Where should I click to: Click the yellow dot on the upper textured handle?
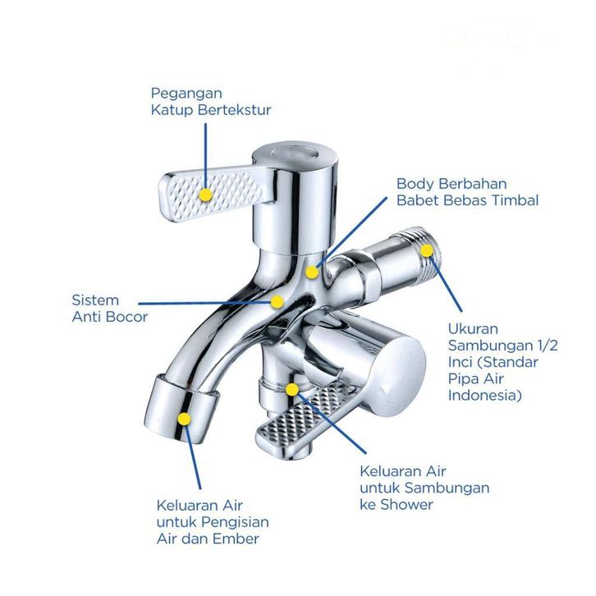(206, 195)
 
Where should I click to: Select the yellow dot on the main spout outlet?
(185, 419)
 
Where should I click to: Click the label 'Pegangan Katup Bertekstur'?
(210, 101)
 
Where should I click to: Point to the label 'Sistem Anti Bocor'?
(110, 308)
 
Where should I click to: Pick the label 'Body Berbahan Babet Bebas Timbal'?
(467, 191)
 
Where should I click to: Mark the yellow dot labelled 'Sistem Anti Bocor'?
(279, 301)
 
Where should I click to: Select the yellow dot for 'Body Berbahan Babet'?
(311, 272)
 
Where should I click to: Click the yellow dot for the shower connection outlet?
(292, 389)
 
